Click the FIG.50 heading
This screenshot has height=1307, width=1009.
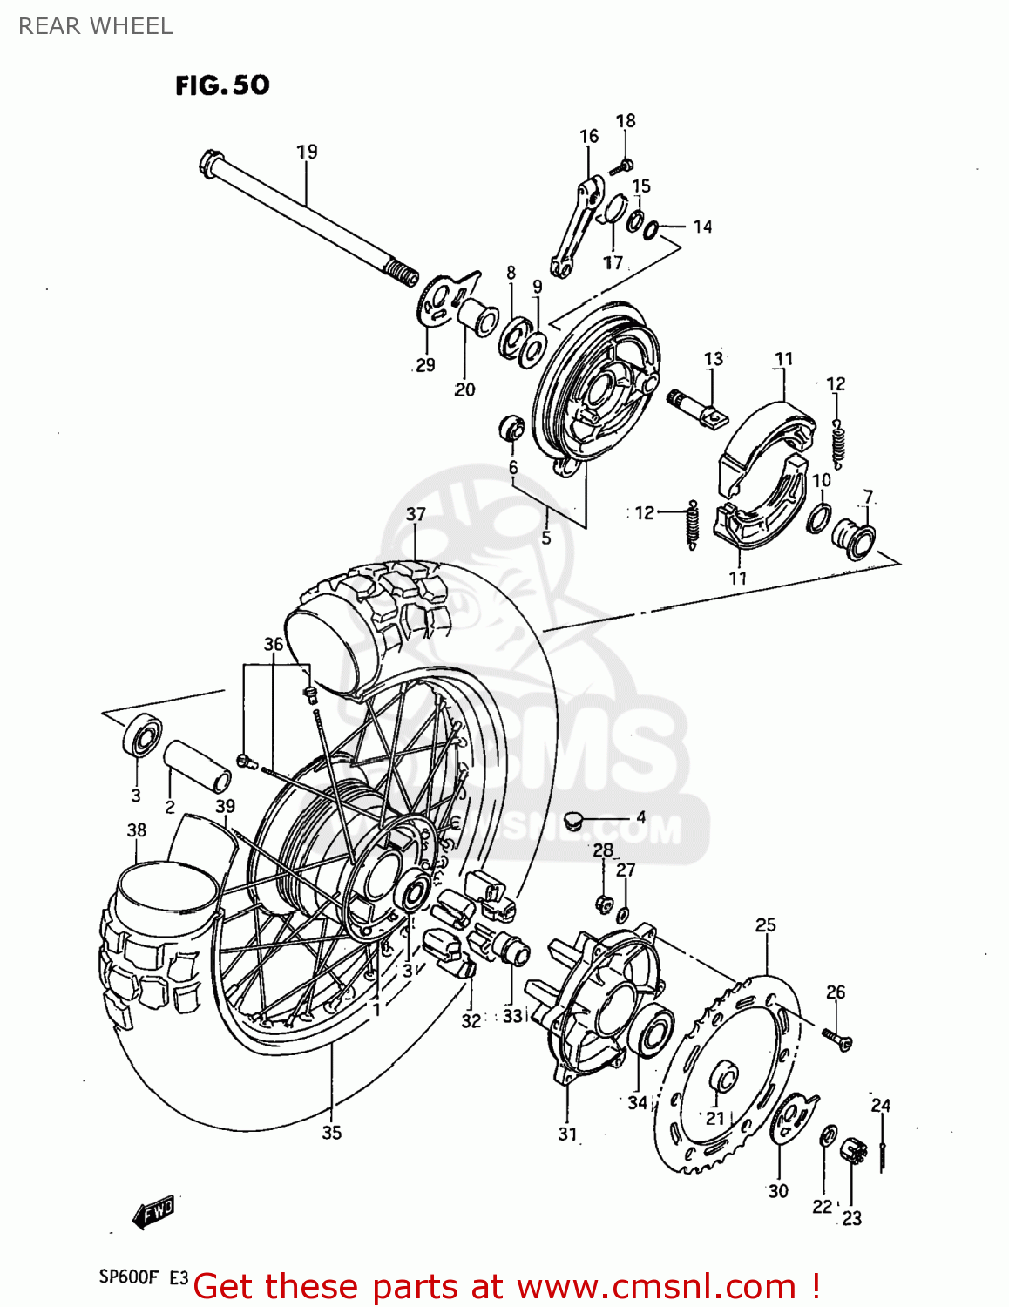coord(222,85)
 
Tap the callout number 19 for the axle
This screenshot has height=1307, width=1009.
coord(307,152)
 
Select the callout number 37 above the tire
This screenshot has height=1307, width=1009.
coord(416,514)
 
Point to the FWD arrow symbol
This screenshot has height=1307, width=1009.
coord(153,1212)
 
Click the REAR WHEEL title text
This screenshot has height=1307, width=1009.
coord(96,26)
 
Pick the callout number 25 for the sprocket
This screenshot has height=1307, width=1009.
coord(765,925)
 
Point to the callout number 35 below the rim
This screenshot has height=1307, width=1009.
coord(331,1133)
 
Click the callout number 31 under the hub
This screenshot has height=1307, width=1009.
coord(567,1134)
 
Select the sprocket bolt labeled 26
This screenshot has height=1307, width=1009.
coord(837,1038)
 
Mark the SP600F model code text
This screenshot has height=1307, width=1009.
coord(129,1278)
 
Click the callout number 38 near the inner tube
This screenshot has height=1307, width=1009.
coord(137,830)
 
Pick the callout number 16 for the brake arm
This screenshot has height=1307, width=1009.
coord(589,136)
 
